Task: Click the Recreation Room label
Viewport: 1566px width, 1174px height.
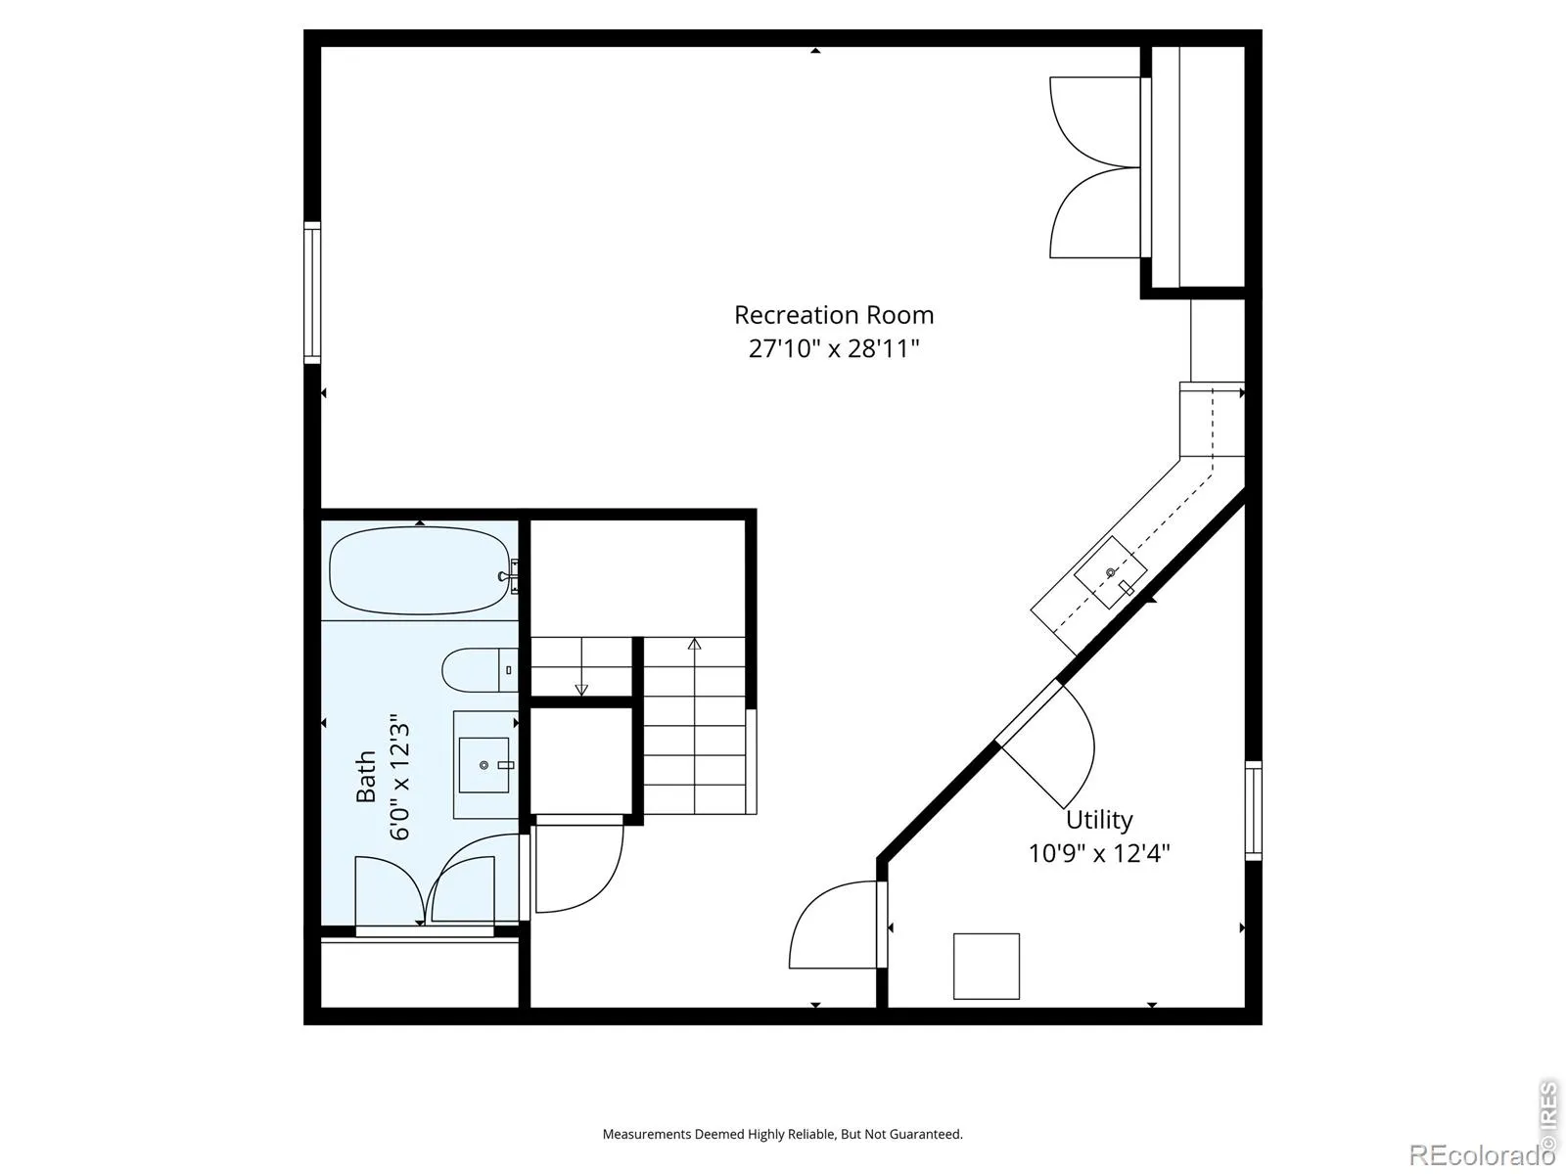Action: [x=833, y=314]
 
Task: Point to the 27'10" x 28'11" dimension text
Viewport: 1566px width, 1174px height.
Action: [x=833, y=348]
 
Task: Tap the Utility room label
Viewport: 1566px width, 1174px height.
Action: [x=1099, y=821]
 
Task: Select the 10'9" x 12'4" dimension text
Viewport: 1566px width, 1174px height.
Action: [x=1099, y=853]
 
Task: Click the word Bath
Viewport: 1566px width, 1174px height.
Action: [x=365, y=776]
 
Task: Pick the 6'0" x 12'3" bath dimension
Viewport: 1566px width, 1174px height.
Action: [x=400, y=782]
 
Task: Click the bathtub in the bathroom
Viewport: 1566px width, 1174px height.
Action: [x=420, y=570]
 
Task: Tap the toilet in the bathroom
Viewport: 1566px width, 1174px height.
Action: [x=481, y=670]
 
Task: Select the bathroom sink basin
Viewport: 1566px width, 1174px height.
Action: [x=484, y=765]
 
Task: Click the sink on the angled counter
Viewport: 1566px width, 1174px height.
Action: [x=1110, y=573]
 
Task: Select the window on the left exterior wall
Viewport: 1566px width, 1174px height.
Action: [x=312, y=293]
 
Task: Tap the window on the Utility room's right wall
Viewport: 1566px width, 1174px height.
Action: [x=1254, y=810]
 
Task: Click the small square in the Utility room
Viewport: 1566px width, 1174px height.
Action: [x=987, y=966]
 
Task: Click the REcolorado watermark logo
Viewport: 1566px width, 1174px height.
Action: [x=1479, y=1153]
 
